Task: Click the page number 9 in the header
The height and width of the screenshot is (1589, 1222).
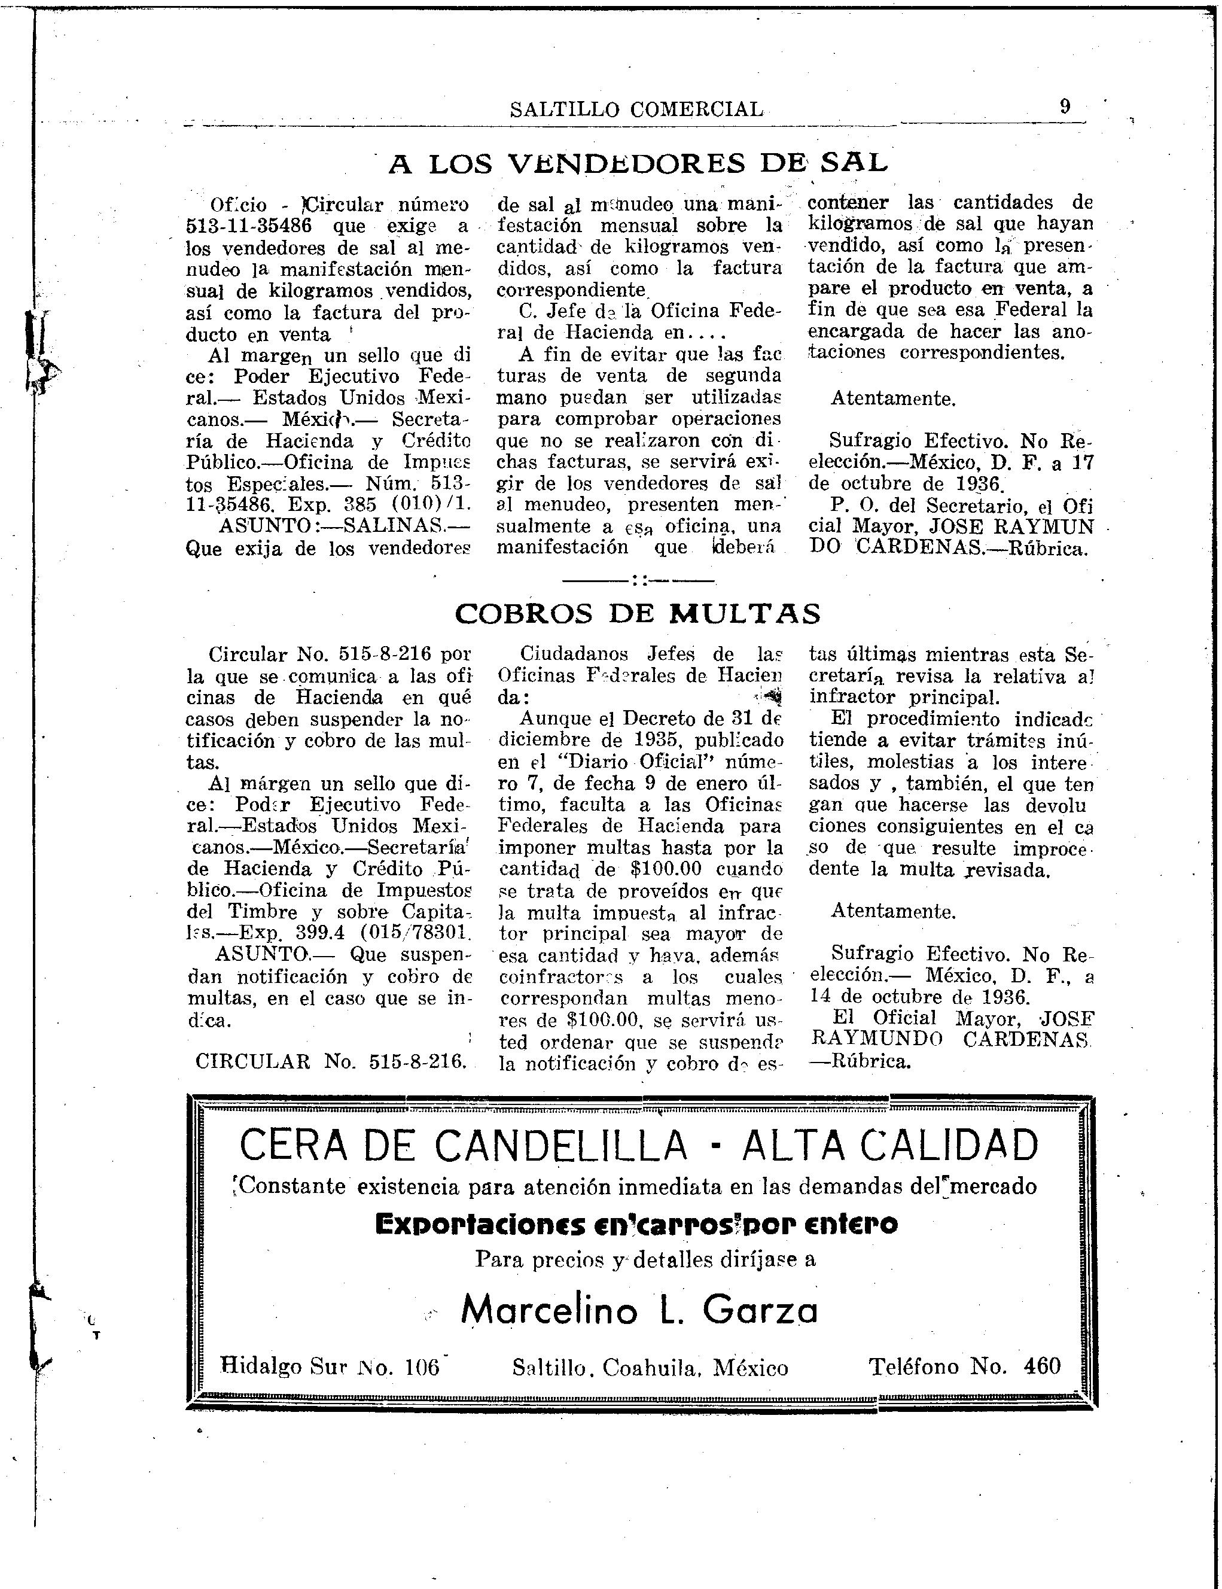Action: point(1065,107)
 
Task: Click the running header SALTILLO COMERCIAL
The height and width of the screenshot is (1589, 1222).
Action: point(637,109)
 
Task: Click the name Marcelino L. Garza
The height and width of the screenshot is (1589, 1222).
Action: point(639,1310)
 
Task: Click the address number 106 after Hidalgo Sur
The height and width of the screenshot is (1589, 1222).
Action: point(423,1368)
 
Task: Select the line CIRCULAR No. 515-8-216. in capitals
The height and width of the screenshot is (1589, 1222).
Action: point(331,1061)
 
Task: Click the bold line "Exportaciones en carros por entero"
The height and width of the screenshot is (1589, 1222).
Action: point(636,1225)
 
